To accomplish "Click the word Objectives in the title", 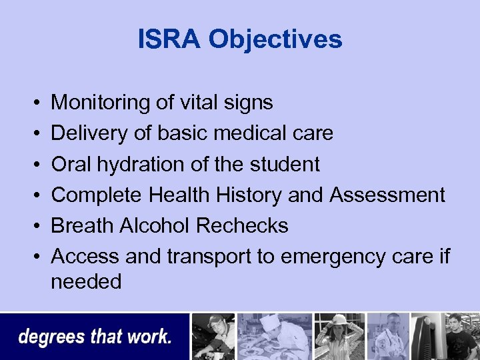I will pos(275,40).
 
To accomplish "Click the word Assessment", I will pos(387,195).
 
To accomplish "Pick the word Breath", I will pos(82,225).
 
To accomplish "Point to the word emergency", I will pos(334,257).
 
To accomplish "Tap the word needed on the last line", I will pos(86,282).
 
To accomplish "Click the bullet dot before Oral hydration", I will pos(33,165).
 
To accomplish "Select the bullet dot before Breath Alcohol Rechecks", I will pos(33,226).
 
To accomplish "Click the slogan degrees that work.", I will pos(95,337).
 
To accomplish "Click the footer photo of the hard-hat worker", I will pos(339,336).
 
